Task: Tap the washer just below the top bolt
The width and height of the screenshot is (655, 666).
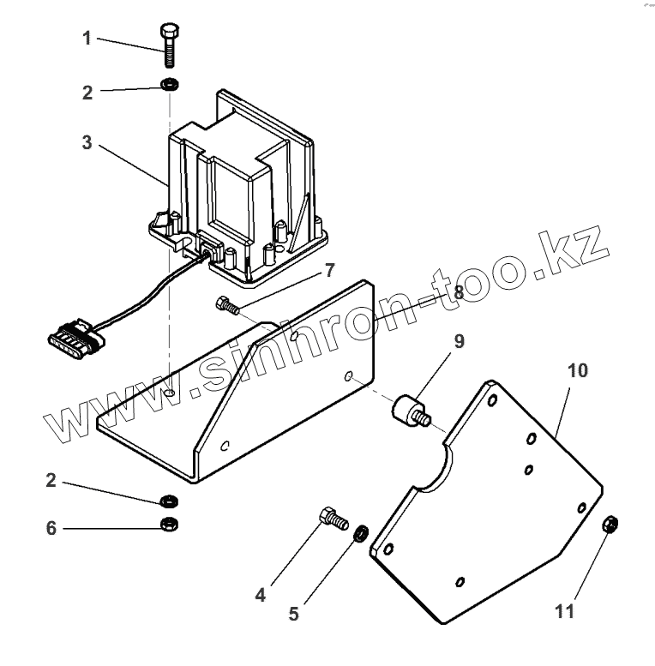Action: coord(170,86)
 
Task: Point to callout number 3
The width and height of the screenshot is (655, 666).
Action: coord(87,142)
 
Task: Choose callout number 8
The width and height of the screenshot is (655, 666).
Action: coord(459,292)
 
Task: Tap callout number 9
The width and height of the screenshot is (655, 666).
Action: coord(460,341)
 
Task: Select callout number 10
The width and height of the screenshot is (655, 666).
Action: coord(578,370)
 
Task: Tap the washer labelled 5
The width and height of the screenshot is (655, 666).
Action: coord(361,533)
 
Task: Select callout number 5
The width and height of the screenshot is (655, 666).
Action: coord(293,615)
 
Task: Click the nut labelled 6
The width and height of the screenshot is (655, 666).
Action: coord(169,524)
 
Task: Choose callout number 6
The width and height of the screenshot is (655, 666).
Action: coord(51,528)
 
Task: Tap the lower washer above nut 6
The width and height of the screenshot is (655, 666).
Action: coord(169,501)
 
